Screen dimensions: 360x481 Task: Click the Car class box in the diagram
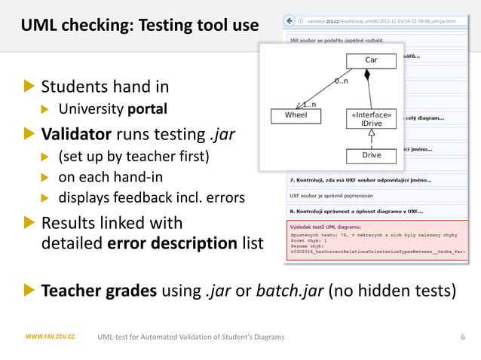371,60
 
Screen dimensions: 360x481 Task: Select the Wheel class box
296,116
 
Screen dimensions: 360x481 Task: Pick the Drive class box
371,155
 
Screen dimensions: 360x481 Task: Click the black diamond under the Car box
368,75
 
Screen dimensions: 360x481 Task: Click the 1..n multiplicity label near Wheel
309,105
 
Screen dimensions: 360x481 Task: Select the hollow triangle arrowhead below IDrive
371,133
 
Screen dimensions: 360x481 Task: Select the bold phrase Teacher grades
99,291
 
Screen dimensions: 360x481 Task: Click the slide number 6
462,337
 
